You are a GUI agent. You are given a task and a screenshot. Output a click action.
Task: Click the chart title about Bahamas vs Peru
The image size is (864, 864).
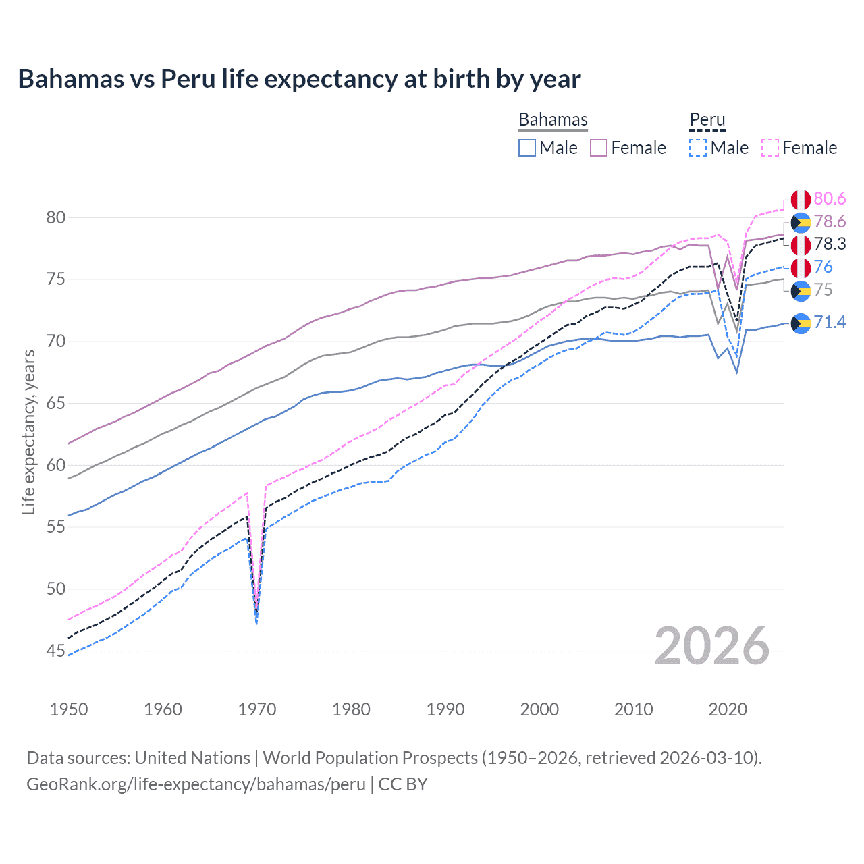(299, 79)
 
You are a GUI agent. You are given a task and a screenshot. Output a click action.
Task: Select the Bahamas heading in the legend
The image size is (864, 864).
(553, 119)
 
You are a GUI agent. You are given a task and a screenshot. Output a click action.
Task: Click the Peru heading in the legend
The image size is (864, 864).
(707, 119)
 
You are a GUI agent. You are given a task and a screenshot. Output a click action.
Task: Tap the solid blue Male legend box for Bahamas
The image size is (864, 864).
(527, 148)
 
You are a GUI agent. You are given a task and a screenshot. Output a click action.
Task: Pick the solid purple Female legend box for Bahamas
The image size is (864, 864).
(599, 148)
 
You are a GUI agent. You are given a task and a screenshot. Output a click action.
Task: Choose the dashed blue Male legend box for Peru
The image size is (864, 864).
(698, 148)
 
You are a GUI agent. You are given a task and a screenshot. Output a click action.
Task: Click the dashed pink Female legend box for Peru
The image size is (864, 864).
(770, 148)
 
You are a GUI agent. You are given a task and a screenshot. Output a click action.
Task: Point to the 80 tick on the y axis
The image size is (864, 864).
(56, 217)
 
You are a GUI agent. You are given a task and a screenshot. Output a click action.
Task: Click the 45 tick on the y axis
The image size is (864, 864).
(56, 651)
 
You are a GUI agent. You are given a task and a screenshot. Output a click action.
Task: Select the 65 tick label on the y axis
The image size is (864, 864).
(56, 403)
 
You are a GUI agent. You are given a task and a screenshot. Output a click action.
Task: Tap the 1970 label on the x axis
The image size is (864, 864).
(257, 709)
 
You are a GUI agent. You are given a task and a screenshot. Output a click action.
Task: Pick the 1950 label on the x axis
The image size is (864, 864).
(69, 709)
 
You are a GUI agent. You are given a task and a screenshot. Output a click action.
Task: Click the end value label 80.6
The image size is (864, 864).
(830, 198)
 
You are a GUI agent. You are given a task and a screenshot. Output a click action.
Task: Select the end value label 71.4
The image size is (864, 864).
(830, 322)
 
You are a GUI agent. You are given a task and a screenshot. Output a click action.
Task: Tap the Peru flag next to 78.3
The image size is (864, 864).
(801, 244)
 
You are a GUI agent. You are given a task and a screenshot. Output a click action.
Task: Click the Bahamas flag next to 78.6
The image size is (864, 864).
(801, 222)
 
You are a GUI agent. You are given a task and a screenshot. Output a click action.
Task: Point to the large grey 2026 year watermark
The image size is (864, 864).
(711, 646)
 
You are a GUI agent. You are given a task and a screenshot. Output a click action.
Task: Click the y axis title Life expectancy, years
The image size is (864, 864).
(28, 432)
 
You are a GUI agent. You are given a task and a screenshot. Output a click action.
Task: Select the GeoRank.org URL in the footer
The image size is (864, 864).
(196, 784)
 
